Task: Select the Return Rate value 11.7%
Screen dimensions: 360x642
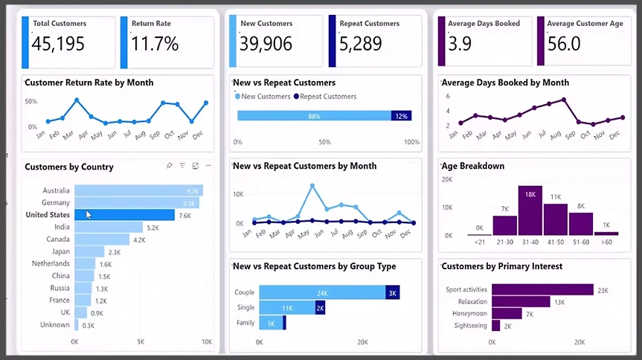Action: coord(155,45)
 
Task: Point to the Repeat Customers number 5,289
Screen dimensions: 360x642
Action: coord(365,45)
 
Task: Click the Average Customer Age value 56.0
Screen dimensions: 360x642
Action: coord(564,45)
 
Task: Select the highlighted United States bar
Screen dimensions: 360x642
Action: coord(124,215)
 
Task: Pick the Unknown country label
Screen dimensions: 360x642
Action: coord(56,325)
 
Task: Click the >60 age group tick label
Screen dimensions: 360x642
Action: coord(606,241)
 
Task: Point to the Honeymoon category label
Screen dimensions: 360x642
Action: coord(469,314)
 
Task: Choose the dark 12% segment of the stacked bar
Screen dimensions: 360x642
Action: coord(402,116)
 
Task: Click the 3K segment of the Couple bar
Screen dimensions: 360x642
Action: coord(393,293)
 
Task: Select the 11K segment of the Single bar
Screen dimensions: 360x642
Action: coord(286,308)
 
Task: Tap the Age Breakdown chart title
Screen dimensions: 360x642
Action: coord(473,167)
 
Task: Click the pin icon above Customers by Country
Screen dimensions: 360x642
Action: coord(170,165)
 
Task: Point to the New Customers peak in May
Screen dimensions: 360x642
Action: coord(311,185)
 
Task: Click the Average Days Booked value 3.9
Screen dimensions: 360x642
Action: coord(460,45)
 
